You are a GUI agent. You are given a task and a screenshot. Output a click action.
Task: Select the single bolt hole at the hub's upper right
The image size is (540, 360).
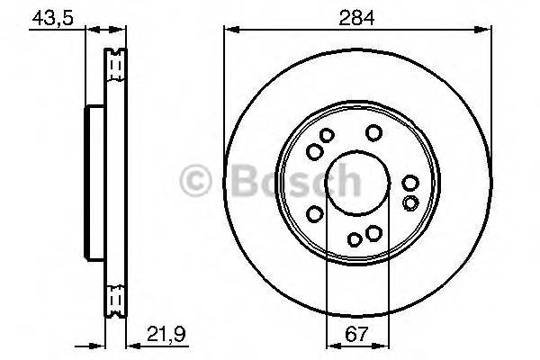coord(373,134)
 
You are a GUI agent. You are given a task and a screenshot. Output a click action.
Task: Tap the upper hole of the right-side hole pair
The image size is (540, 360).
coord(410,184)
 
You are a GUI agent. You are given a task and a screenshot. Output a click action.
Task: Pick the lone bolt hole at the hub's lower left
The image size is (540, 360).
coord(316,213)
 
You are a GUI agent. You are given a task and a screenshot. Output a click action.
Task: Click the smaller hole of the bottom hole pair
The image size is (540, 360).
coord(355,238)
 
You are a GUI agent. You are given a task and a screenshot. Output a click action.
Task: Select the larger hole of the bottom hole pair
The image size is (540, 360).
coord(373,235)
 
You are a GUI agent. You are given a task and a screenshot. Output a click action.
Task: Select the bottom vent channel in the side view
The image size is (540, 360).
coord(115,297)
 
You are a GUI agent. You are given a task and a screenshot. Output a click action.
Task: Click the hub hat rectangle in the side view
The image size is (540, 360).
coord(94,180)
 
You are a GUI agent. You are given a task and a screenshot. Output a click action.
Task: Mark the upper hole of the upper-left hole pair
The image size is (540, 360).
coord(327,136)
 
